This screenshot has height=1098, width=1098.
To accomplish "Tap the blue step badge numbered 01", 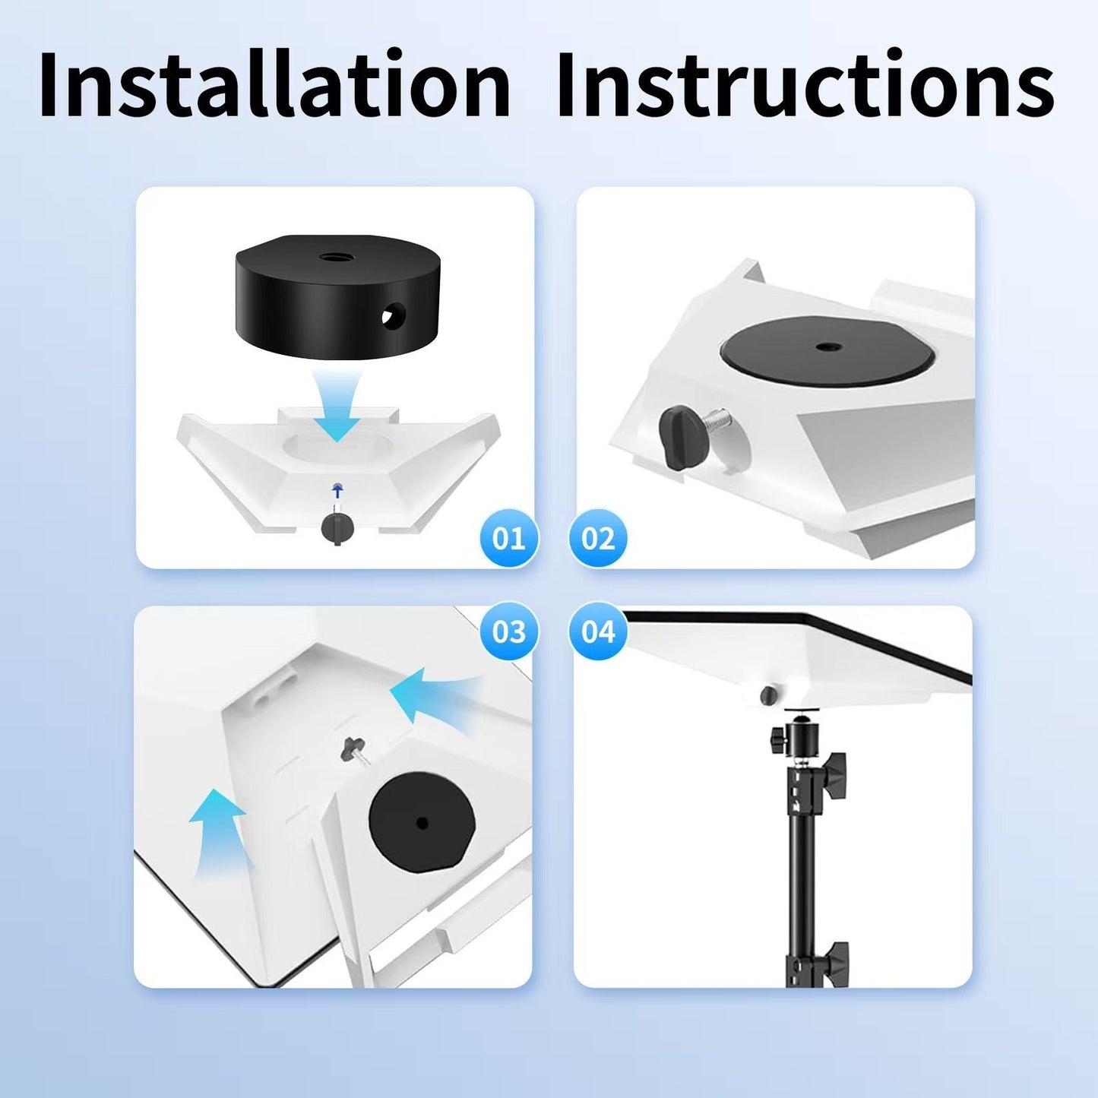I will coord(509,538).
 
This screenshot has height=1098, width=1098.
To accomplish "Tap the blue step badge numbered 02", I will coord(598,538).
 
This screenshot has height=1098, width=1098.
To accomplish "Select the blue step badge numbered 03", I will coord(509,631).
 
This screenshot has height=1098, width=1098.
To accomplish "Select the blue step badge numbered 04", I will coord(598,631).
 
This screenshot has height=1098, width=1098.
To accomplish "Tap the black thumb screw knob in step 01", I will coord(337,527).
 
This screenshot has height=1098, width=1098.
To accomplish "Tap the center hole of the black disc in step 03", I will coord(422,822).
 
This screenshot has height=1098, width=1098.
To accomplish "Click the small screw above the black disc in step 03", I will coord(353,747).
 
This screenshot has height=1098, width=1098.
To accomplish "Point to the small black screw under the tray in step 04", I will coord(769,694).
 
